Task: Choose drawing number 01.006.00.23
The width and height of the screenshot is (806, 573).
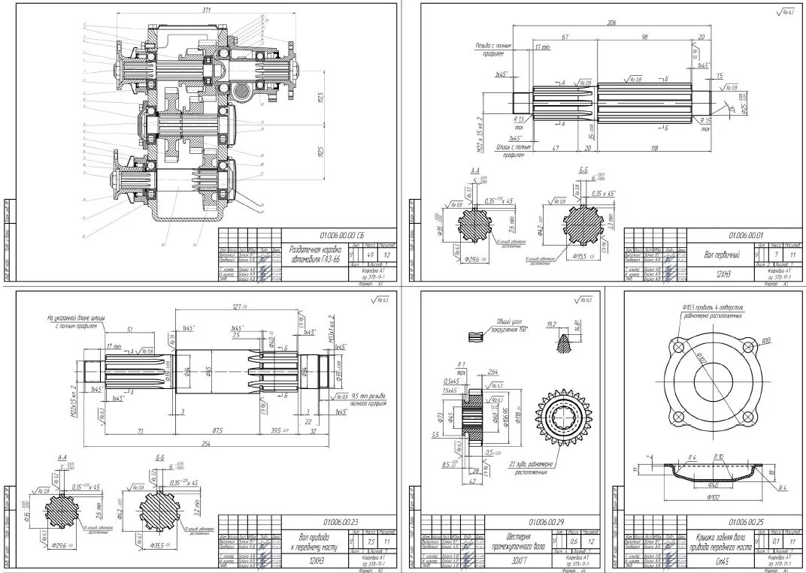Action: pyautogui.click(x=340, y=520)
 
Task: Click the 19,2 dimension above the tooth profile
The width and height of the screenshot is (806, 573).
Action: pyautogui.click(x=551, y=324)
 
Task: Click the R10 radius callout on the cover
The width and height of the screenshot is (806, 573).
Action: pyautogui.click(x=765, y=340)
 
